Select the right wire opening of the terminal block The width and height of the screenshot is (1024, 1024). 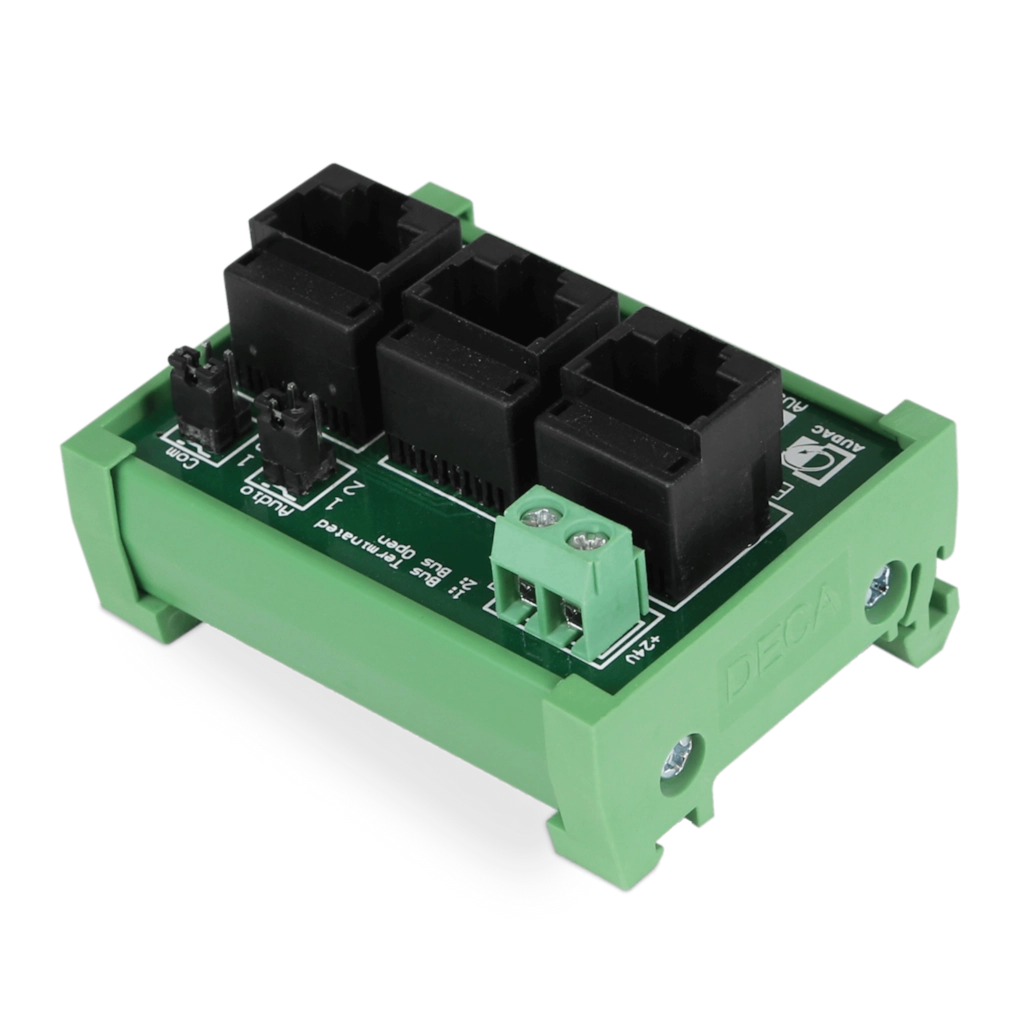571,629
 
